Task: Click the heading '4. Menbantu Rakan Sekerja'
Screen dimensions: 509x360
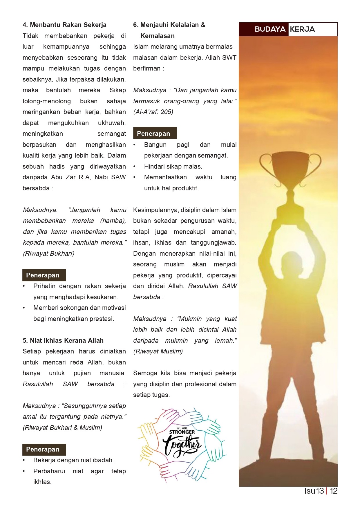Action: click(x=64, y=25)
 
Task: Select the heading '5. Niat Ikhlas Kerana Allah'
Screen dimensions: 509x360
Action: click(x=63, y=340)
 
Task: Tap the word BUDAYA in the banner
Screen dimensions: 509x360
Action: click(x=270, y=29)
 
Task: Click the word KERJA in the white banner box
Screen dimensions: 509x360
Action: click(x=302, y=29)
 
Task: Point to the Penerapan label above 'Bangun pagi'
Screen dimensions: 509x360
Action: click(x=155, y=133)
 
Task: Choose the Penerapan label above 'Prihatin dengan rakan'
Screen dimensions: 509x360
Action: click(x=44, y=275)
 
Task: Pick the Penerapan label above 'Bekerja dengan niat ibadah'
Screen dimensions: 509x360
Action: click(x=44, y=449)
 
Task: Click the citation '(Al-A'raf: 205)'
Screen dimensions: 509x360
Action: click(x=153, y=112)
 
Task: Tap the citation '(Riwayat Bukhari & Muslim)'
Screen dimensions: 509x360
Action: click(x=62, y=427)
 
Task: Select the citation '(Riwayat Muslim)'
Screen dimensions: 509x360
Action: click(x=158, y=351)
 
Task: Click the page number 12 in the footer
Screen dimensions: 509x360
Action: click(x=334, y=491)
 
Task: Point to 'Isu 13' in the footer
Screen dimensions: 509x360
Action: click(x=314, y=491)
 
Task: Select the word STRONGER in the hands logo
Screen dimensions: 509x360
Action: click(x=182, y=432)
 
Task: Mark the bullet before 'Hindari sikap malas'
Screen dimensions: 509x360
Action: click(x=134, y=167)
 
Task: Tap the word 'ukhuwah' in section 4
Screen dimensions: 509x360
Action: click(x=112, y=123)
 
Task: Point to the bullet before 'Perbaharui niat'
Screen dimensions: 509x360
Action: click(x=24, y=471)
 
